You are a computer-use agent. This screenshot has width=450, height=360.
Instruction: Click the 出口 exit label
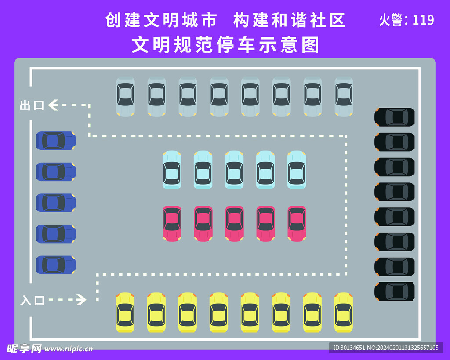32,105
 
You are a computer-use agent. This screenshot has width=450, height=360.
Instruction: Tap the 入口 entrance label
33,301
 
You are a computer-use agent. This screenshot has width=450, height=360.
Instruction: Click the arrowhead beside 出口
53,105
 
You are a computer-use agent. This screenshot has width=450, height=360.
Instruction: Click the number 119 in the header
423,20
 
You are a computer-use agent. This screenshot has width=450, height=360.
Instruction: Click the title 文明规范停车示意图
225,45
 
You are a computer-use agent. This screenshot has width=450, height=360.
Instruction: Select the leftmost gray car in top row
125,97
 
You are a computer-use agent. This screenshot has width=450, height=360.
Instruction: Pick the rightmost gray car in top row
344,97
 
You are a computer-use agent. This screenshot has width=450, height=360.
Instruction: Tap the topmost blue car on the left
56,141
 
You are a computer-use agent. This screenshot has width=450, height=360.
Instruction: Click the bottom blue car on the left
56,265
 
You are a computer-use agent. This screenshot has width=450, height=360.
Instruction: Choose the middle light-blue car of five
234,170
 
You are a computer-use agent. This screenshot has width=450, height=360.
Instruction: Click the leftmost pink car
172,224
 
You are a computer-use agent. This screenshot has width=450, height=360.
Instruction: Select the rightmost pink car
297,224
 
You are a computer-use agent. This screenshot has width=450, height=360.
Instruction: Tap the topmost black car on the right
394,117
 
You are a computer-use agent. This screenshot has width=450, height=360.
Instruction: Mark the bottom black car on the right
394,291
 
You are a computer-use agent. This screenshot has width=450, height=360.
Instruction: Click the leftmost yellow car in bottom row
125,313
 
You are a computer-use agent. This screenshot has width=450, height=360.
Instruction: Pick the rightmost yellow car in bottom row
343,313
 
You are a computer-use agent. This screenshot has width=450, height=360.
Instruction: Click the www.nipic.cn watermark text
69,349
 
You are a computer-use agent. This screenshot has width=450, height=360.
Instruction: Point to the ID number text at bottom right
385,348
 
